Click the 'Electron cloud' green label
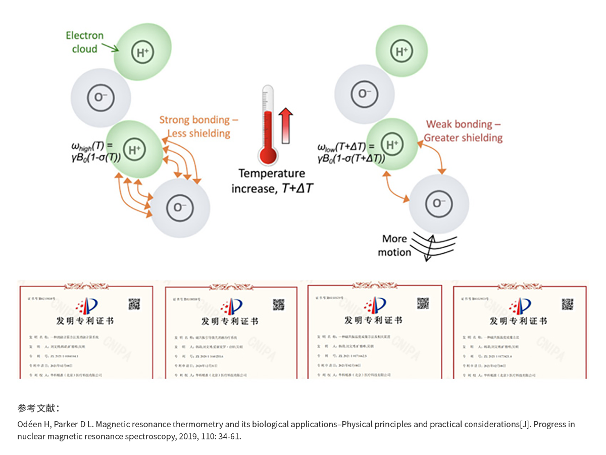tap(84, 42)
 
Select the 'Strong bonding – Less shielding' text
tap(198, 126)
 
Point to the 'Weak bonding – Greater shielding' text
tap(463, 131)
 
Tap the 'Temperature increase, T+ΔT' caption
tap(271, 181)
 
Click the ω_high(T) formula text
tap(95, 152)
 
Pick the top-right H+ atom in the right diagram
tap(401, 51)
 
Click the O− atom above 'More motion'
tap(436, 203)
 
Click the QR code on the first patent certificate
tap(134, 304)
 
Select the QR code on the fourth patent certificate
tap(568, 304)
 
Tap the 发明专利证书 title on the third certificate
tap(373, 320)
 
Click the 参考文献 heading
tap(38, 408)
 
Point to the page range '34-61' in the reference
tap(230, 436)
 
